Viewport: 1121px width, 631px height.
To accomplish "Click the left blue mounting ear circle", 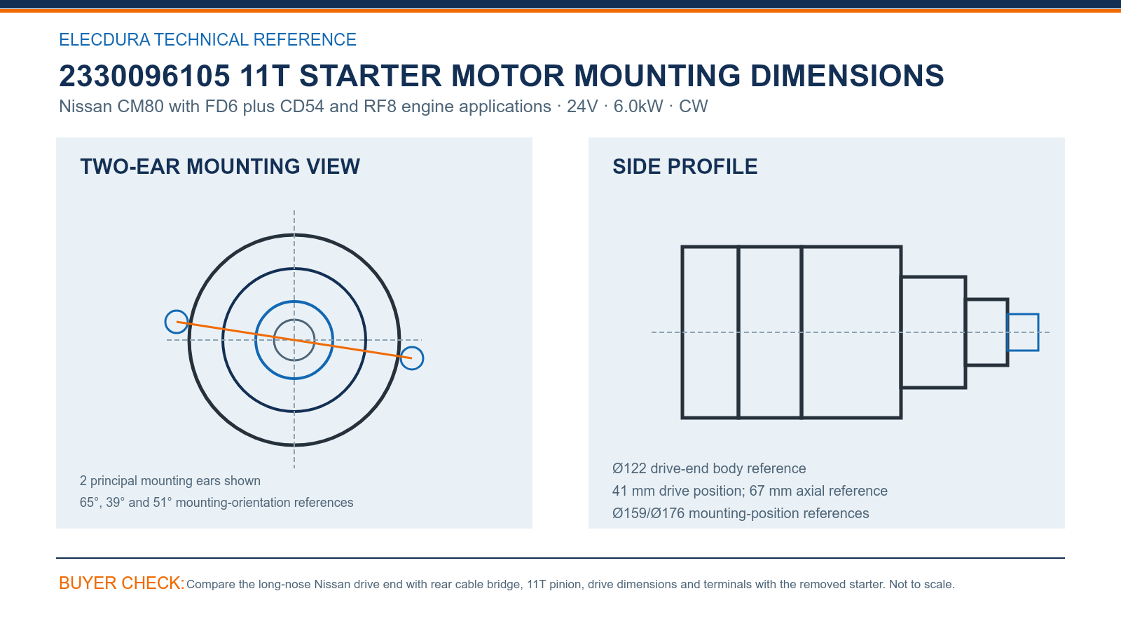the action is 165,322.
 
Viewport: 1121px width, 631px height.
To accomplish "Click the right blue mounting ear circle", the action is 423,358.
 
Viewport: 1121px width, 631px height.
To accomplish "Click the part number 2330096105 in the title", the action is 144,76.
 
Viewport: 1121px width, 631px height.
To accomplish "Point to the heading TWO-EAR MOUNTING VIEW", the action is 220,167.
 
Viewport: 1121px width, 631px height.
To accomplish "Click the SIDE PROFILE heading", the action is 685,167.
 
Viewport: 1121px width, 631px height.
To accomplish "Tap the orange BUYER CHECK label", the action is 122,583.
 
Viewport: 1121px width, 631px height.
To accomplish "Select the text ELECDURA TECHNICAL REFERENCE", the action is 207,39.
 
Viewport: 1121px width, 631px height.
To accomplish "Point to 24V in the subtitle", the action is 582,107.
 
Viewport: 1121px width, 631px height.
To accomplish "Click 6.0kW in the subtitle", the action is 638,107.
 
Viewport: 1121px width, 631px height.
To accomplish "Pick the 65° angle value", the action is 89,502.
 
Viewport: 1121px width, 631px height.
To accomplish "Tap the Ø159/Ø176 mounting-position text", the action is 740,513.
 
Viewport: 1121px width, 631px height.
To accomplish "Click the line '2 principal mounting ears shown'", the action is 170,481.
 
